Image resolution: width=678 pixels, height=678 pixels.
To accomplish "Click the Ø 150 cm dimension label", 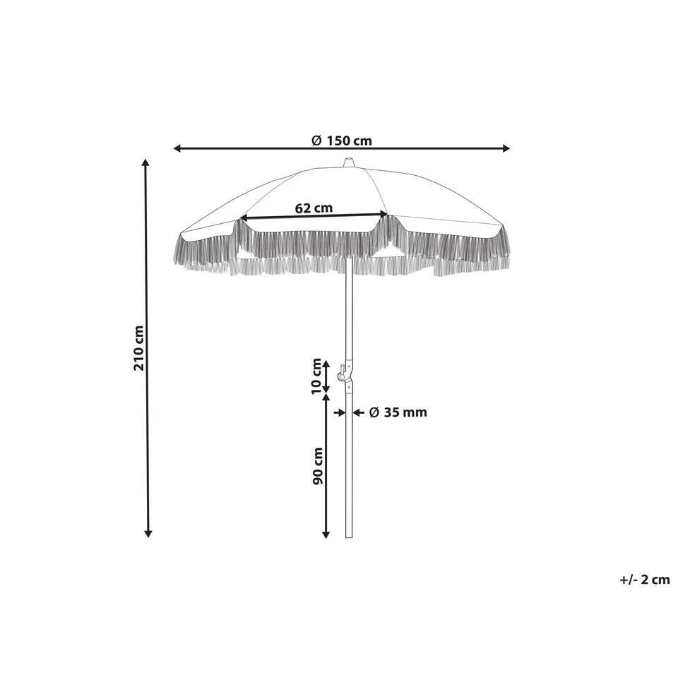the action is [342, 141].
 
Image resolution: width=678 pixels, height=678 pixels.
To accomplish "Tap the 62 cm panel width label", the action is [314, 208].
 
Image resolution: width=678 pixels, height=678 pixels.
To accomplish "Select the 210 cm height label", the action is [139, 348].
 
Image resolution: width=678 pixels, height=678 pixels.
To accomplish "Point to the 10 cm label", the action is [317, 376].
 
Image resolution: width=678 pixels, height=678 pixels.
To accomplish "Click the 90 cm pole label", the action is [318, 465].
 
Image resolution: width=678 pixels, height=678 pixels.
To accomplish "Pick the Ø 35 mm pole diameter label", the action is [398, 412].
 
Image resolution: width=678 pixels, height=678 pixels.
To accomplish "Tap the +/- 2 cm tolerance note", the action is [645, 580].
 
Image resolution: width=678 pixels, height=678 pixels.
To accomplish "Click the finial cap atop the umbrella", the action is [348, 163].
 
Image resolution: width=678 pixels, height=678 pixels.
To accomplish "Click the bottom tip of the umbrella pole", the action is [349, 537].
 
